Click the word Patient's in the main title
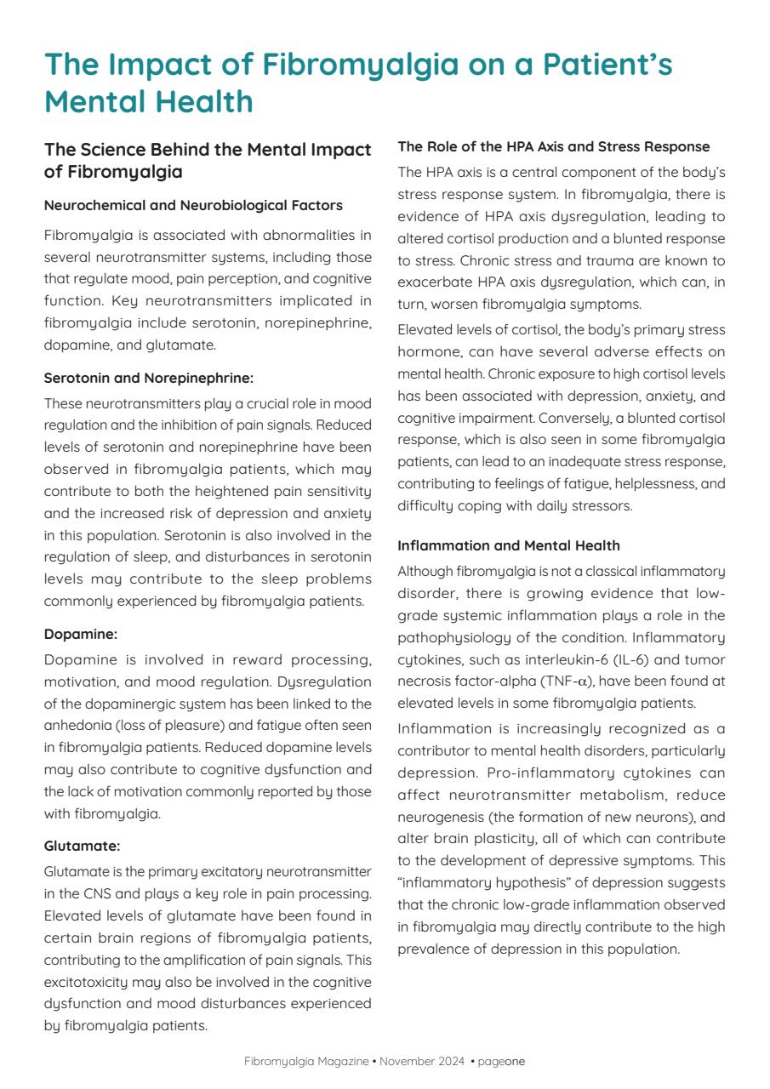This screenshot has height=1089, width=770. (x=587, y=65)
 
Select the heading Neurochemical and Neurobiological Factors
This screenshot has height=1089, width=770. (x=193, y=205)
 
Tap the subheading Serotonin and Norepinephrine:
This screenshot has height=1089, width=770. (x=148, y=378)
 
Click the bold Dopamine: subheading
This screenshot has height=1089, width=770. (x=81, y=634)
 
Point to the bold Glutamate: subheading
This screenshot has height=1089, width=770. (x=83, y=846)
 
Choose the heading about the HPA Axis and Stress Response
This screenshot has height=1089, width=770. (x=553, y=147)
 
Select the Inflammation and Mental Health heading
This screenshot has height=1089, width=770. (x=509, y=545)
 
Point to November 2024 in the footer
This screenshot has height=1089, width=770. (x=422, y=1061)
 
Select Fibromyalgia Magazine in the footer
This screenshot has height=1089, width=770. (x=306, y=1061)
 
